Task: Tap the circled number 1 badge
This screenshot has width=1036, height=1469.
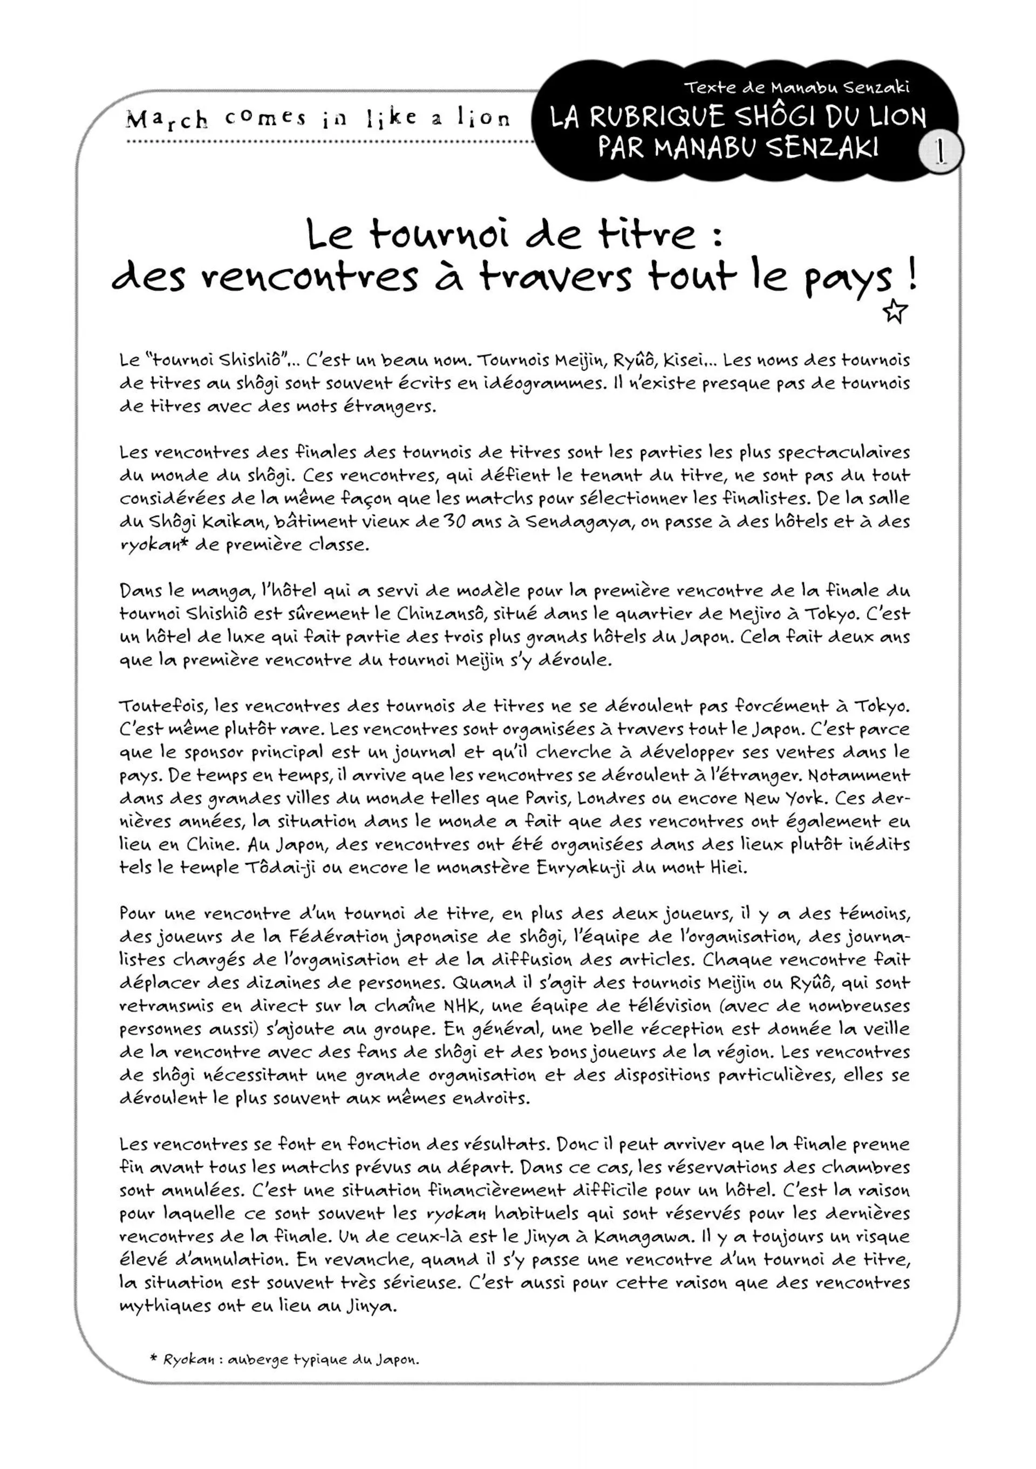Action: click(940, 152)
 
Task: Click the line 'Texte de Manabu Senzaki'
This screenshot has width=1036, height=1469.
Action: click(796, 87)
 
